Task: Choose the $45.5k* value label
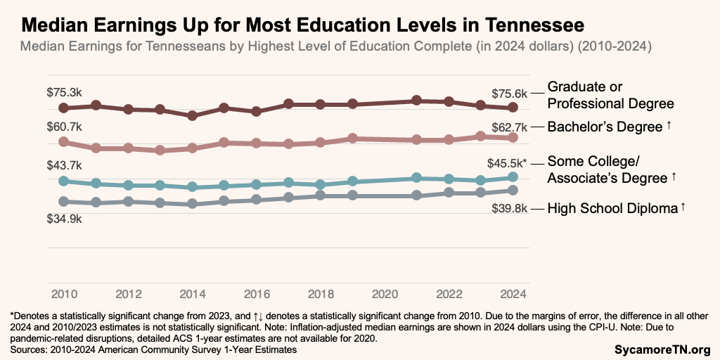(x=507, y=163)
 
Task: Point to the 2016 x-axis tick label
(x=257, y=292)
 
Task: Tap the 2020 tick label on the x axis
(x=385, y=292)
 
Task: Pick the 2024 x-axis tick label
(x=513, y=292)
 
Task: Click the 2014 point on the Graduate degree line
(x=192, y=115)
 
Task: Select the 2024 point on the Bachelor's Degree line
(x=513, y=138)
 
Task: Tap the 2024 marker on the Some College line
(x=513, y=177)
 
